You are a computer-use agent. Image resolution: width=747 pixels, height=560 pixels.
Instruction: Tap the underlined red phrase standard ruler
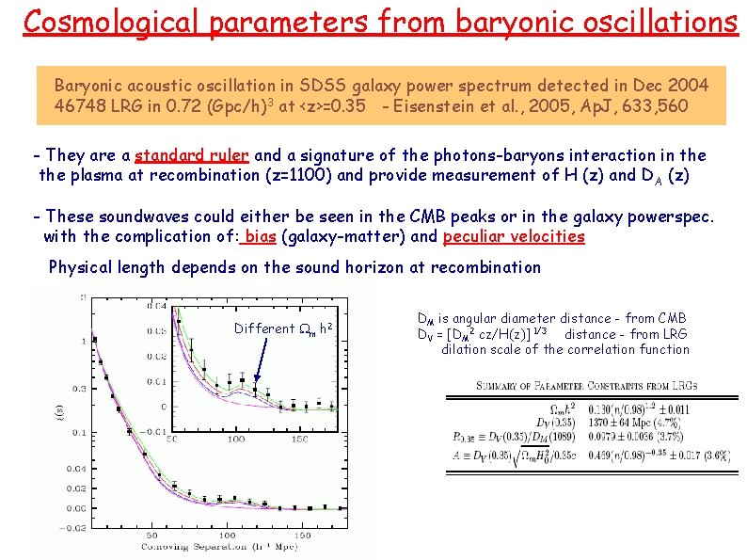coord(192,155)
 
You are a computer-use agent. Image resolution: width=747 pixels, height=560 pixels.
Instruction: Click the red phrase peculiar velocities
coord(514,236)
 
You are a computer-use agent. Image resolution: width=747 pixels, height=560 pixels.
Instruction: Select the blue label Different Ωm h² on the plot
coord(282,328)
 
